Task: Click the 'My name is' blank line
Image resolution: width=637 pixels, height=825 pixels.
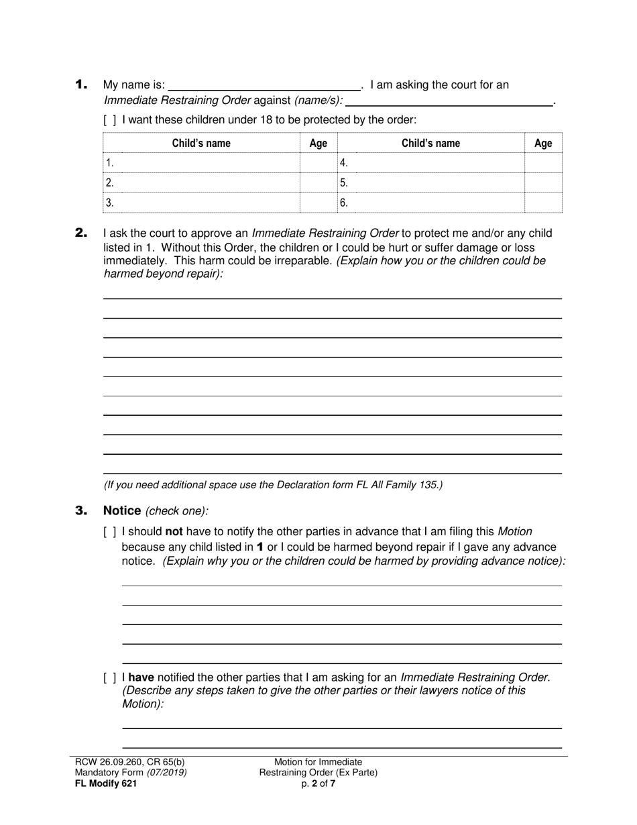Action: [x=264, y=85]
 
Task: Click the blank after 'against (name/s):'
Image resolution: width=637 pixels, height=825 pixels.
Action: [x=449, y=101]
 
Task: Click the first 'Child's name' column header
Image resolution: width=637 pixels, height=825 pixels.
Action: [x=201, y=143]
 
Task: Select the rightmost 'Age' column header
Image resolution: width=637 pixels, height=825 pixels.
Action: [x=543, y=143]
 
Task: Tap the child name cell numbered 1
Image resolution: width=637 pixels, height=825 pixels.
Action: [x=201, y=163]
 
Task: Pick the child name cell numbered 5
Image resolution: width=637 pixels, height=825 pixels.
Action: [x=430, y=182]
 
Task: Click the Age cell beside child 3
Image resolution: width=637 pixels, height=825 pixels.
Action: [x=318, y=203]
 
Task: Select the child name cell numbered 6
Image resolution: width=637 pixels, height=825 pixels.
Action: [x=430, y=203]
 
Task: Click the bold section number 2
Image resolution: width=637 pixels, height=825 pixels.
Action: [x=81, y=233]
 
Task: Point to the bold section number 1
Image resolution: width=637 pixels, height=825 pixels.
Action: [x=81, y=85]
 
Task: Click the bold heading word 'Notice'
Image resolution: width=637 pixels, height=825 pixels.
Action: [x=121, y=511]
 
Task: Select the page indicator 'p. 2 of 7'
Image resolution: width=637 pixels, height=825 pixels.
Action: [x=318, y=783]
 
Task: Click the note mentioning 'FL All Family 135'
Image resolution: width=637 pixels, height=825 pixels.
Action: [x=273, y=485]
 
